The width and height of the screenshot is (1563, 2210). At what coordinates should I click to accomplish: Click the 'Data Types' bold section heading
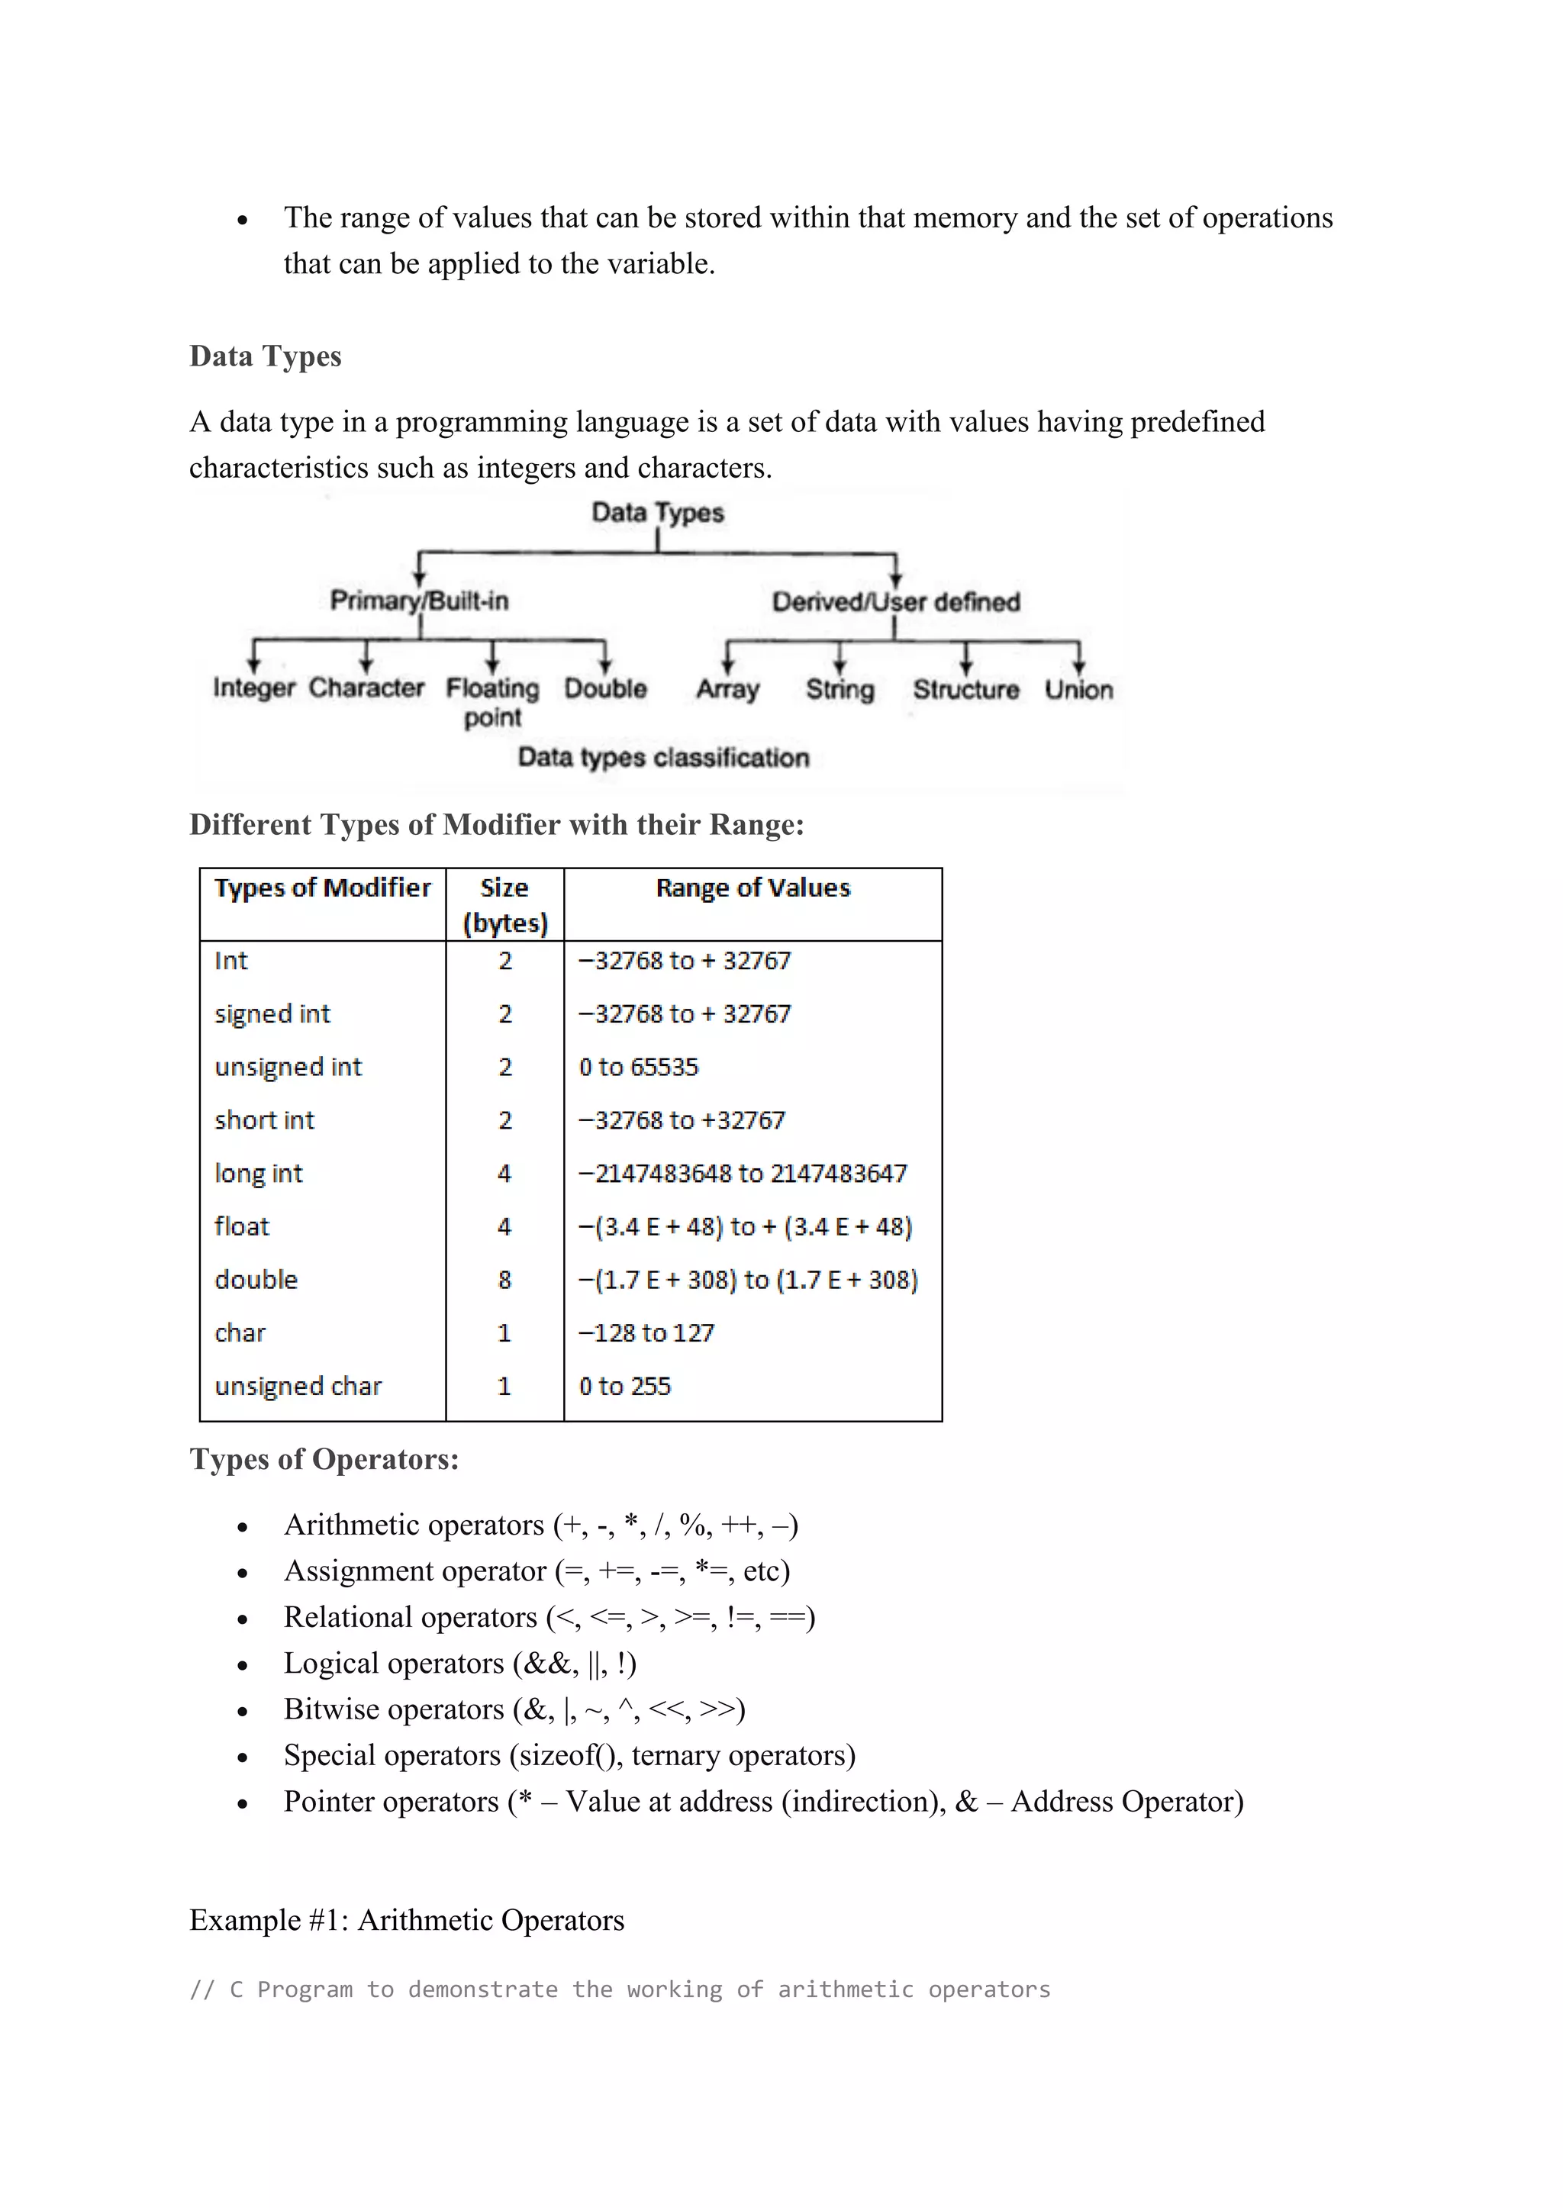265,356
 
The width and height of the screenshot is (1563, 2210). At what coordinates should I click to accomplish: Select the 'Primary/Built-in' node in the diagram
419,601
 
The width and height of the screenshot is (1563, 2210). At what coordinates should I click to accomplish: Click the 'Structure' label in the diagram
965,689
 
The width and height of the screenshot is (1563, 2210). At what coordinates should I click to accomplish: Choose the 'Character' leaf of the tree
366,688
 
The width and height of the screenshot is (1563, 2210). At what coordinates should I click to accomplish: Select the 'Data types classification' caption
663,758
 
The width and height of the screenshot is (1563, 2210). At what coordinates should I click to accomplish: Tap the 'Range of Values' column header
752,888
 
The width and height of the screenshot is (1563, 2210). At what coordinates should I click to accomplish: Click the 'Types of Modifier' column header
322,888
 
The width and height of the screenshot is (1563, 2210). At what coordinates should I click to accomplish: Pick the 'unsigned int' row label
288,1067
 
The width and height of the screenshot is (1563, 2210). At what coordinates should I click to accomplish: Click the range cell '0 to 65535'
638,1067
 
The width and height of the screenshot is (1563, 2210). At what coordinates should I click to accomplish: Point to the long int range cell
742,1174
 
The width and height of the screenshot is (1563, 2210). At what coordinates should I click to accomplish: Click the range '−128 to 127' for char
646,1333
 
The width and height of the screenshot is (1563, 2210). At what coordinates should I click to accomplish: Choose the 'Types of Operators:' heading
324,1459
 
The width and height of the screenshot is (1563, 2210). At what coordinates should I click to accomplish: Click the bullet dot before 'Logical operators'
243,1666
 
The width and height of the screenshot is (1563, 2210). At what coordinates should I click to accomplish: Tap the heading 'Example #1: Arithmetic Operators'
406,1920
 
